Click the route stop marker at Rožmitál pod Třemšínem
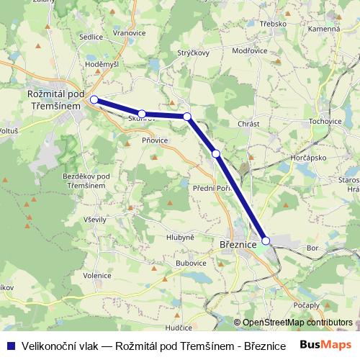click(94, 99)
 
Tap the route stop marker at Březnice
click(266, 240)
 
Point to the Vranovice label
click(130, 33)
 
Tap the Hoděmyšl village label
click(101, 64)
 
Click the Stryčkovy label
click(193, 53)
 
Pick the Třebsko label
click(274, 23)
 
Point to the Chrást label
click(248, 124)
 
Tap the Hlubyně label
click(179, 237)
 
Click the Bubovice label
click(191, 264)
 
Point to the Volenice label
click(96, 275)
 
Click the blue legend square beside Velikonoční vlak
click(11, 345)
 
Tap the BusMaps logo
click(325, 345)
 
